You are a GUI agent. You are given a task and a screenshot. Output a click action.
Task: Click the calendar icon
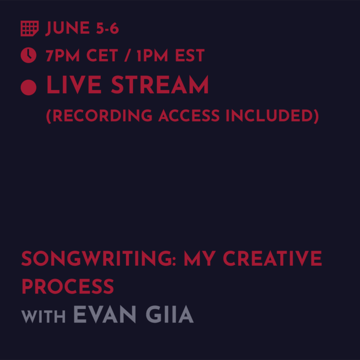[x=29, y=29]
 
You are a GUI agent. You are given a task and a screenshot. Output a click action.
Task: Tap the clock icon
[x=29, y=55]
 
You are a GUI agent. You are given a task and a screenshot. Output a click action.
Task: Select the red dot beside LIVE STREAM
[x=29, y=87]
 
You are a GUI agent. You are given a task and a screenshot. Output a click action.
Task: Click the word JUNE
[x=67, y=29]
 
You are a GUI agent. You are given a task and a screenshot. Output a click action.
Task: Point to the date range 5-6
[x=107, y=29]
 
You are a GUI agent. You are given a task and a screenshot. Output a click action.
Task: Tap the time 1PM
[x=152, y=56]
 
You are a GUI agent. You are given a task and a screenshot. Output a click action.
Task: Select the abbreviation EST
[x=190, y=56]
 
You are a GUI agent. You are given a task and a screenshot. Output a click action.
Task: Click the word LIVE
[x=74, y=86]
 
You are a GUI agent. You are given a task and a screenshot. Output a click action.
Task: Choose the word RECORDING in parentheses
[x=99, y=116]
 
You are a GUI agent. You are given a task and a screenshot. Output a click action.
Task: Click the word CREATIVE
[x=272, y=259]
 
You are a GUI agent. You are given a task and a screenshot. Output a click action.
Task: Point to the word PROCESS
[x=67, y=286]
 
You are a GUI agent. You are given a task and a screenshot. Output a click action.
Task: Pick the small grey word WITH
[x=43, y=316]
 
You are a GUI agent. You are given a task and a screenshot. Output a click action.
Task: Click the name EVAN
[x=105, y=315]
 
